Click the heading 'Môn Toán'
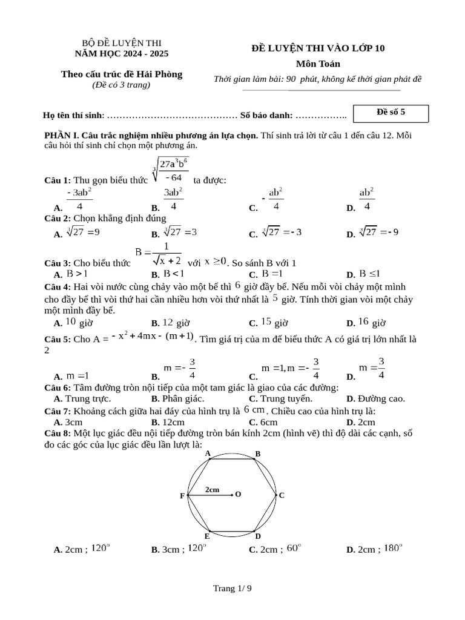tap(318, 64)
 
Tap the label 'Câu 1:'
tap(58, 180)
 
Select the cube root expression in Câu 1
tap(171, 170)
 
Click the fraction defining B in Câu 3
tap(157, 254)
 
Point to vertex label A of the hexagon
tap(208, 453)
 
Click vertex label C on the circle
tap(282, 495)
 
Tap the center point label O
tap(238, 495)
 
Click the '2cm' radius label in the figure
tap(212, 489)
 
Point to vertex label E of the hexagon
tap(207, 536)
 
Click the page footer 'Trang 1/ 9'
tap(232, 588)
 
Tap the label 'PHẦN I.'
tap(62, 135)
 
